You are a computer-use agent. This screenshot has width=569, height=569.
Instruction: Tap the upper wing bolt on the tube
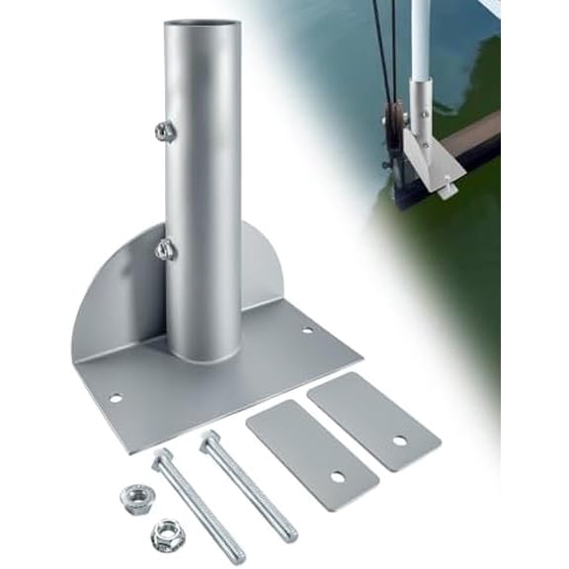click(163, 129)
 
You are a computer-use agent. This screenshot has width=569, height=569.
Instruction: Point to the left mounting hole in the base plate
click(116, 398)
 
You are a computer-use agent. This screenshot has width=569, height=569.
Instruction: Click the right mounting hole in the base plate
click(307, 330)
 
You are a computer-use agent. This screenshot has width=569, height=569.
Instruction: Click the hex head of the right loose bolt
click(209, 439)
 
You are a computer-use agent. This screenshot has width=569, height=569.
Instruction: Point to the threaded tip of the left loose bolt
click(237, 555)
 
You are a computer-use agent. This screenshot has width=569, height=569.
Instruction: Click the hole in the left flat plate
click(338, 476)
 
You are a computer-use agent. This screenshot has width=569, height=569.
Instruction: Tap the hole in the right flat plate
click(400, 440)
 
